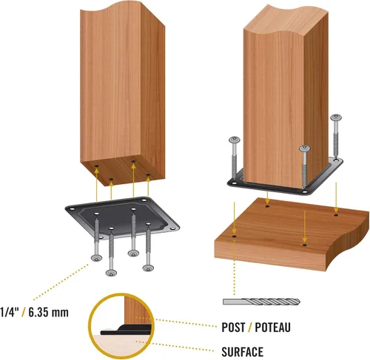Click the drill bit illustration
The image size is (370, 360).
[261, 302]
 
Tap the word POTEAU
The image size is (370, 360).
[272, 327]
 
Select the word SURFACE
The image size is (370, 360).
[242, 352]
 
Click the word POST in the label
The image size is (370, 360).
[233, 327]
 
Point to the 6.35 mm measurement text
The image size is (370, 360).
[48, 313]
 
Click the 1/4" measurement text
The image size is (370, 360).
[10, 313]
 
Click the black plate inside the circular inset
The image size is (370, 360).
[126, 330]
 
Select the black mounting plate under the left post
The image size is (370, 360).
[122, 217]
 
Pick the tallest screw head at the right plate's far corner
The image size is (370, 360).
[337, 118]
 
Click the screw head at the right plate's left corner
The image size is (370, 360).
[235, 140]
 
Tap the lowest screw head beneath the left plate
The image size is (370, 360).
[111, 273]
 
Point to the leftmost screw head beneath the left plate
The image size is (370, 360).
[96, 258]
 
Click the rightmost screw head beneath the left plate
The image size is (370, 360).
[148, 268]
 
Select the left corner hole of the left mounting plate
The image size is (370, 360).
[72, 209]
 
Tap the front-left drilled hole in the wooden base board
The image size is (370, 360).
[234, 237]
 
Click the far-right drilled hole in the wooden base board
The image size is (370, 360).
[336, 215]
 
